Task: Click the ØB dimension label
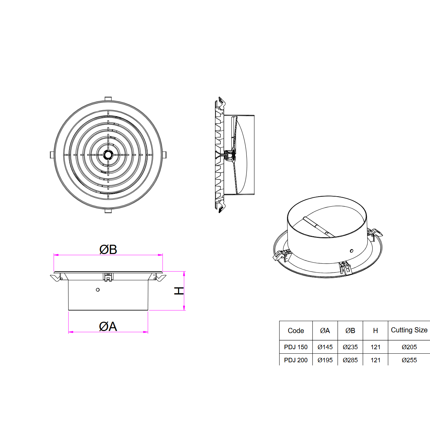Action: pos(108,249)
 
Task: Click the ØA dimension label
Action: pos(108,326)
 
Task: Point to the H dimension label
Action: pos(179,291)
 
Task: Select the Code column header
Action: pos(296,331)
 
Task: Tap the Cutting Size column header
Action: pos(409,330)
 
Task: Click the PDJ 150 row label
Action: pos(296,347)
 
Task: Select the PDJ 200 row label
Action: pos(296,360)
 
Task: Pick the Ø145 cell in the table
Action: pos(325,347)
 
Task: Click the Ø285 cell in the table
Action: pos(350,360)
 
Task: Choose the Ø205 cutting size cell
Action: pos(409,347)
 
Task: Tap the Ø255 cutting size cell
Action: pos(409,360)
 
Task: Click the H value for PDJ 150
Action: pos(375,347)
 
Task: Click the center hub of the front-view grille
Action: pos(108,155)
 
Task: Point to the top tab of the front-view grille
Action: pos(108,99)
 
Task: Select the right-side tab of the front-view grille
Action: pos(164,155)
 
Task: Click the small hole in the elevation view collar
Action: pos(98,290)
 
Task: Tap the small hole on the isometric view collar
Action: pos(351,251)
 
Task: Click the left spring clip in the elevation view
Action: pos(56,277)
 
